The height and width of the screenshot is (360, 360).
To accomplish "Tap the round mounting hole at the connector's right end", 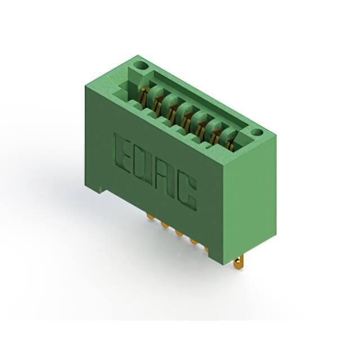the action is point(257,132).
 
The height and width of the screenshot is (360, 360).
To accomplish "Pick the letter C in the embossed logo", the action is point(187,193).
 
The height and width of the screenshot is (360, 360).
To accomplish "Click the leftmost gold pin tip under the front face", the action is point(150,217).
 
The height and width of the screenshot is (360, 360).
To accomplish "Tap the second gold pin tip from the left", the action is point(165,226).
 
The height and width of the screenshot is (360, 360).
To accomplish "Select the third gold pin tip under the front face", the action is point(179,233).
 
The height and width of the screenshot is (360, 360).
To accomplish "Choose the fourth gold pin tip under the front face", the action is point(194,242).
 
